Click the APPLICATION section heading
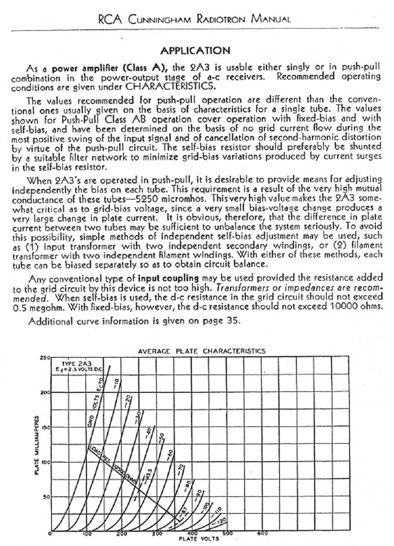[195, 51]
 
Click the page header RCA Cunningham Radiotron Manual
[194, 19]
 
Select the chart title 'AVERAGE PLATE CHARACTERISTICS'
[201, 351]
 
